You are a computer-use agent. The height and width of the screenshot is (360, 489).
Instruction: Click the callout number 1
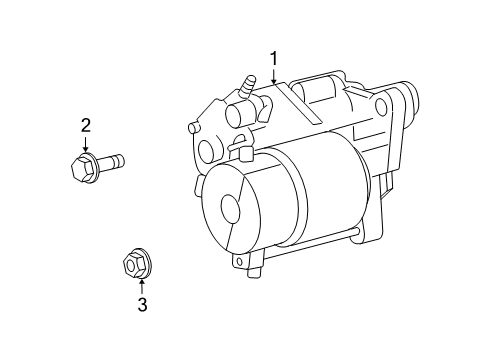click(x=272, y=58)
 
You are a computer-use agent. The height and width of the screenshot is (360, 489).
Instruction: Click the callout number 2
click(x=86, y=124)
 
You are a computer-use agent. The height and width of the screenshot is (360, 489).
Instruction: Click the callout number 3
click(x=141, y=305)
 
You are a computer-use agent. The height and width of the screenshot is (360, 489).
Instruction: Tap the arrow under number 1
click(x=272, y=75)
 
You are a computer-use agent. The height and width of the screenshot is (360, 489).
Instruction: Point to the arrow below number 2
click(x=86, y=142)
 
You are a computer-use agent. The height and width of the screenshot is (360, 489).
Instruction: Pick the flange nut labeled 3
click(x=131, y=265)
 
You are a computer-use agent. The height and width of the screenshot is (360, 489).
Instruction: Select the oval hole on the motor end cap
click(x=229, y=209)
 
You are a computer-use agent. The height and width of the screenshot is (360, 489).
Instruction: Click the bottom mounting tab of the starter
click(x=246, y=262)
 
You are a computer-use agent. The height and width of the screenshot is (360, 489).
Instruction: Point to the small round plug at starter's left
click(x=206, y=151)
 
